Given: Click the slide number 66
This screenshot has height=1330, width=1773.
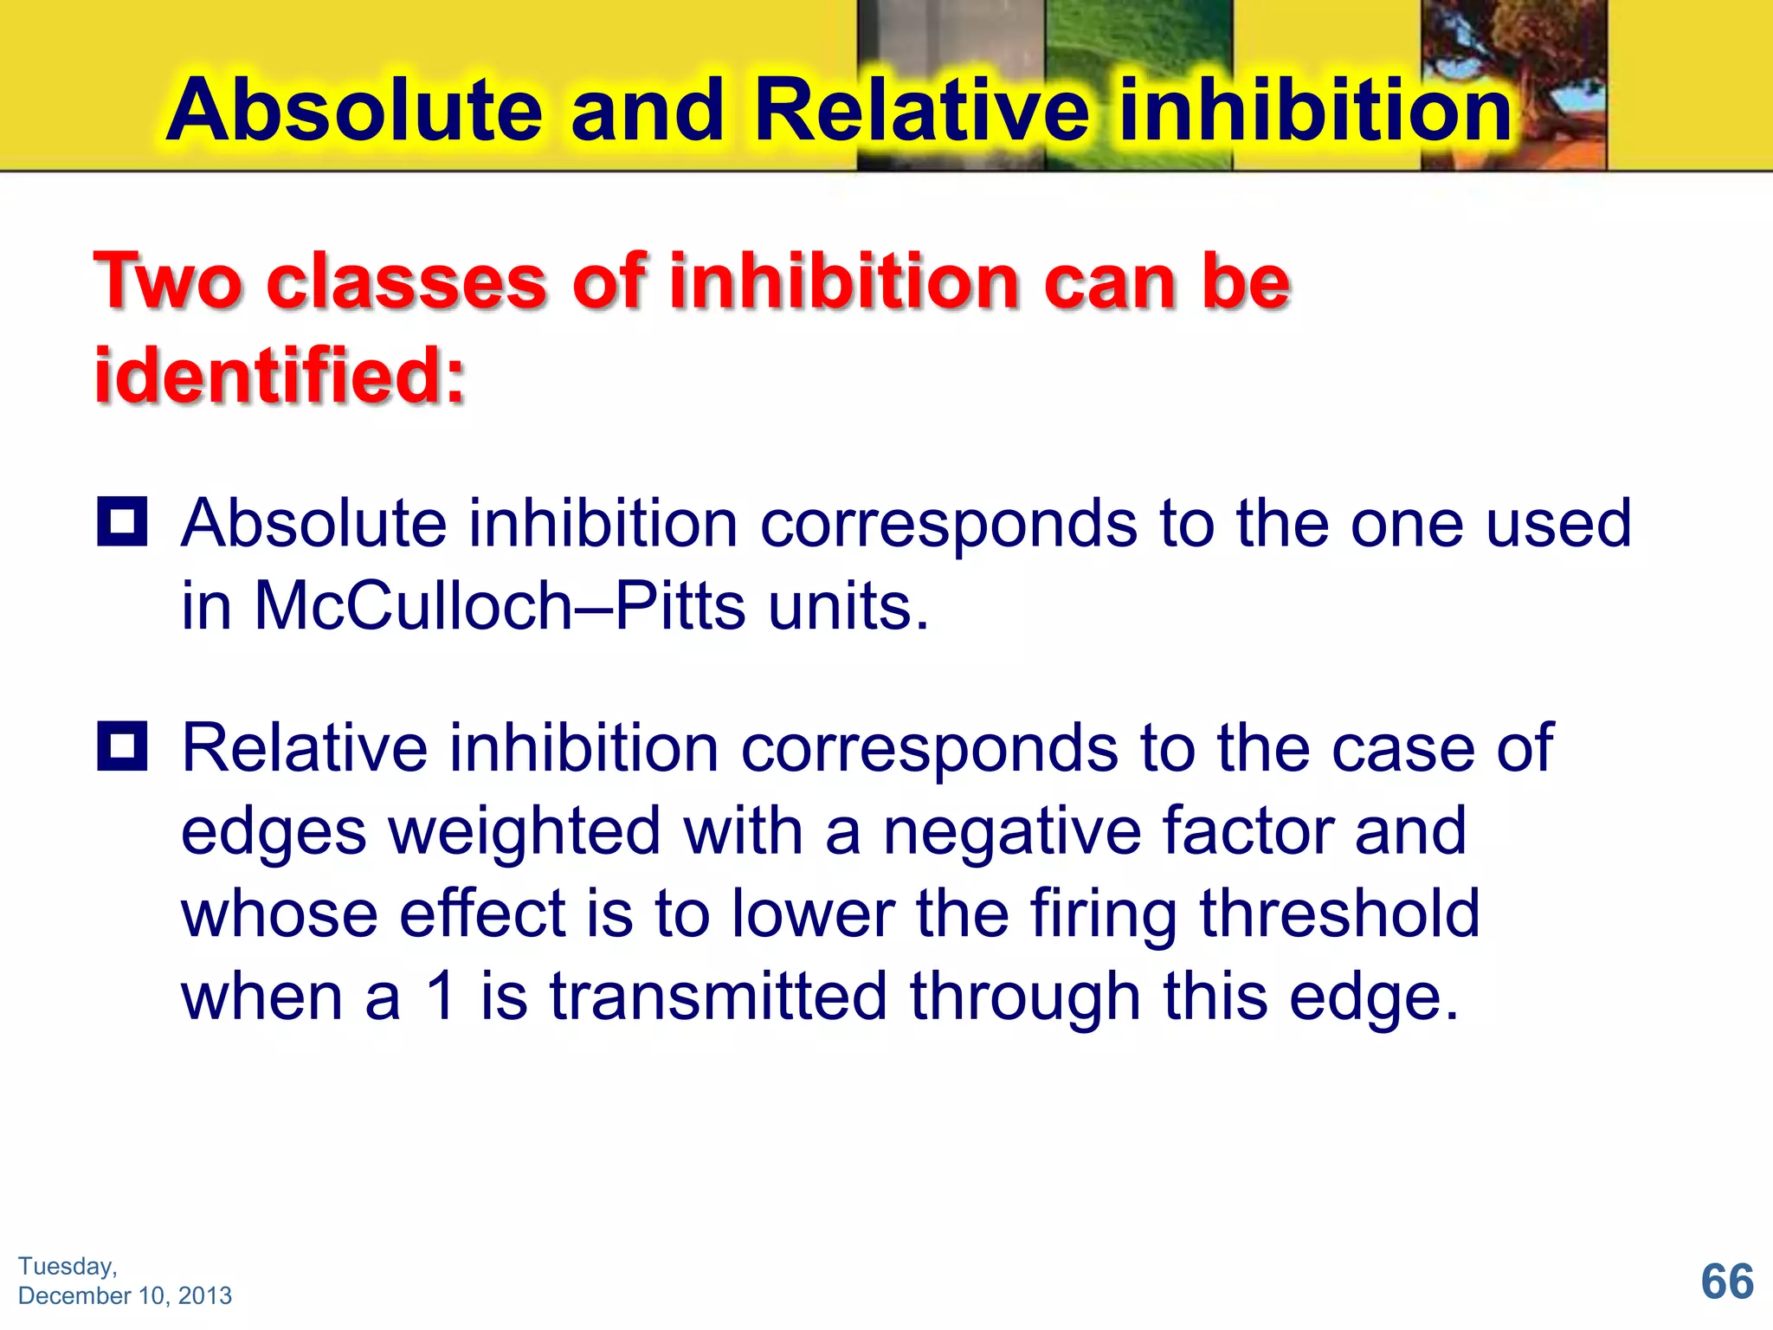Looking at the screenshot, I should coord(1726,1282).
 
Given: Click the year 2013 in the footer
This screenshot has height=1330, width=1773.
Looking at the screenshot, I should coord(205,1295).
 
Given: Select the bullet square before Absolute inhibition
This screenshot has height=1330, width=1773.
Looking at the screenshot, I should coord(122,521).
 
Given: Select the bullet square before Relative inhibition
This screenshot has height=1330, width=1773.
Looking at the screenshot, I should coord(122,746).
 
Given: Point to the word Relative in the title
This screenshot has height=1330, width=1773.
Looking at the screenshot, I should coord(921,110).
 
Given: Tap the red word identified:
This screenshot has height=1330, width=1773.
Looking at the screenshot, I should coord(280,375).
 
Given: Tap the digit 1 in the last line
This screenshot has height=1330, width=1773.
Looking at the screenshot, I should coord(442,996).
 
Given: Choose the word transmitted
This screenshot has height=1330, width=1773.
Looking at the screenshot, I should coord(719,996).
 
